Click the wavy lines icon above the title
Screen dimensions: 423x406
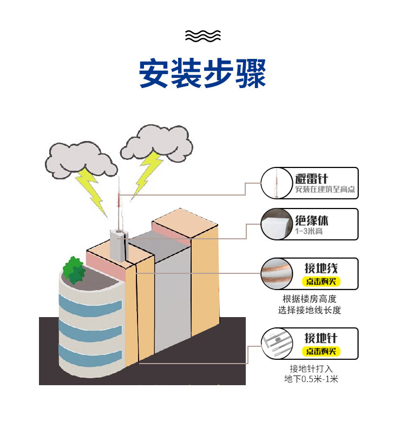point(203,36)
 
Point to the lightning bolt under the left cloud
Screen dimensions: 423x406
point(91,189)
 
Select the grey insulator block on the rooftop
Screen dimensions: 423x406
point(118,245)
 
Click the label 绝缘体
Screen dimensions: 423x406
point(312,220)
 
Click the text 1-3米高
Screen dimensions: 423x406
point(306,231)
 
